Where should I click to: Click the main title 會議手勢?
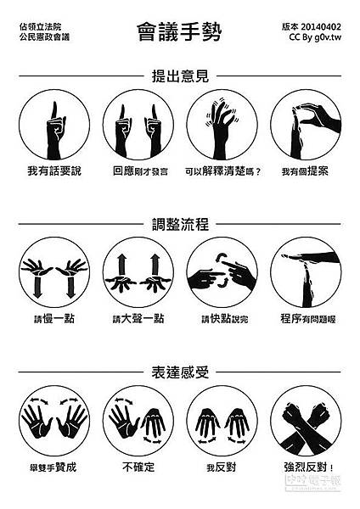[x=179, y=32]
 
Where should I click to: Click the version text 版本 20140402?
[x=312, y=26]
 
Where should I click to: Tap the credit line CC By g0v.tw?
[x=315, y=37]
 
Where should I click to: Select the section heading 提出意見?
[x=180, y=76]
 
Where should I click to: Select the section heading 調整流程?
[x=180, y=224]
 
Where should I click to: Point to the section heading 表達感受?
[x=180, y=372]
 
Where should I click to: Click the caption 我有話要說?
[x=54, y=171]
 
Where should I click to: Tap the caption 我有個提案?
[x=305, y=171]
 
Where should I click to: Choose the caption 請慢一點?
[x=54, y=319]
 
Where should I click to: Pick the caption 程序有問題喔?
[x=308, y=319]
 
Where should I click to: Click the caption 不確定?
[x=138, y=467]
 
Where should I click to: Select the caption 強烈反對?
[x=309, y=467]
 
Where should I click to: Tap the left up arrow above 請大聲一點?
[x=122, y=265]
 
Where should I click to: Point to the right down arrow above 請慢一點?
[x=70, y=287]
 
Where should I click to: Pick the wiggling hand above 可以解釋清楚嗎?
[x=222, y=128]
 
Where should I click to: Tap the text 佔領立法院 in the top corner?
[x=40, y=26]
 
